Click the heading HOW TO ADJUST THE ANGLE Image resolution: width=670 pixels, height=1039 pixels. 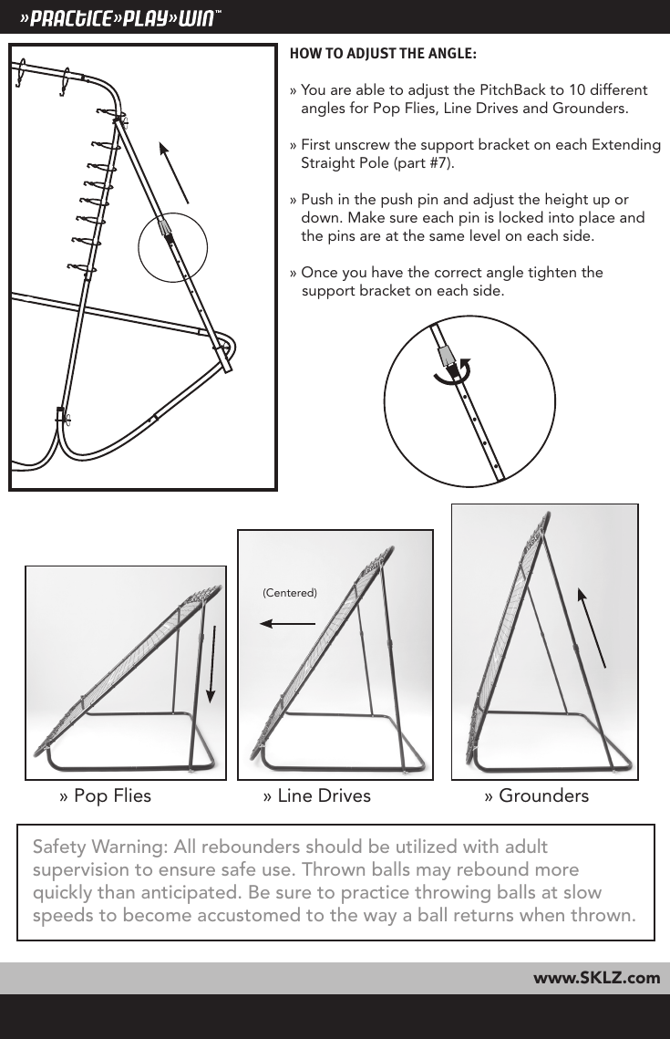tap(382, 52)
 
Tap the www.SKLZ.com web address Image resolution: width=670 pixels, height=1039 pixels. tap(596, 978)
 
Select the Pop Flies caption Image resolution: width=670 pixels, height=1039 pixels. tap(105, 795)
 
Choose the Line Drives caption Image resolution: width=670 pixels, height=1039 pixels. tap(316, 795)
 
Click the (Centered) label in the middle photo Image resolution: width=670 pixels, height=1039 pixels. tap(289, 593)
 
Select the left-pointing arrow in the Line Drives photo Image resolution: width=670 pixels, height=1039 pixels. tap(287, 624)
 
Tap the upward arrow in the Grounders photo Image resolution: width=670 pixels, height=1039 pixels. tap(593, 629)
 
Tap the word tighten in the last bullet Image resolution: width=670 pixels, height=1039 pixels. tap(553, 273)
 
